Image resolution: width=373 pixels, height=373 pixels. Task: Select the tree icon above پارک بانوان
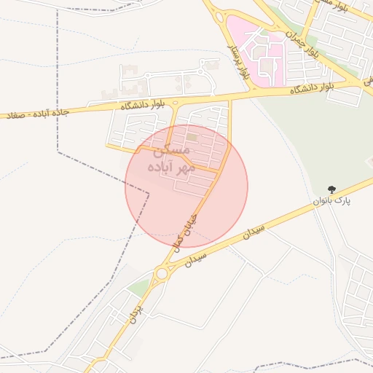click(x=333, y=189)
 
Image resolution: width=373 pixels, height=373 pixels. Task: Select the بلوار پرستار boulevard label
click(x=247, y=62)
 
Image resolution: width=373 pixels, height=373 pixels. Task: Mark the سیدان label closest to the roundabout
click(x=197, y=257)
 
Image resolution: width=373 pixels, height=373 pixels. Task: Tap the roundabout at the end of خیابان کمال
click(x=161, y=274)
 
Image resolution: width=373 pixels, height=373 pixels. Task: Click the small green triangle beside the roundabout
click(x=138, y=288)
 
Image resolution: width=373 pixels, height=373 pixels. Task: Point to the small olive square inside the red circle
click(x=191, y=136)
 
